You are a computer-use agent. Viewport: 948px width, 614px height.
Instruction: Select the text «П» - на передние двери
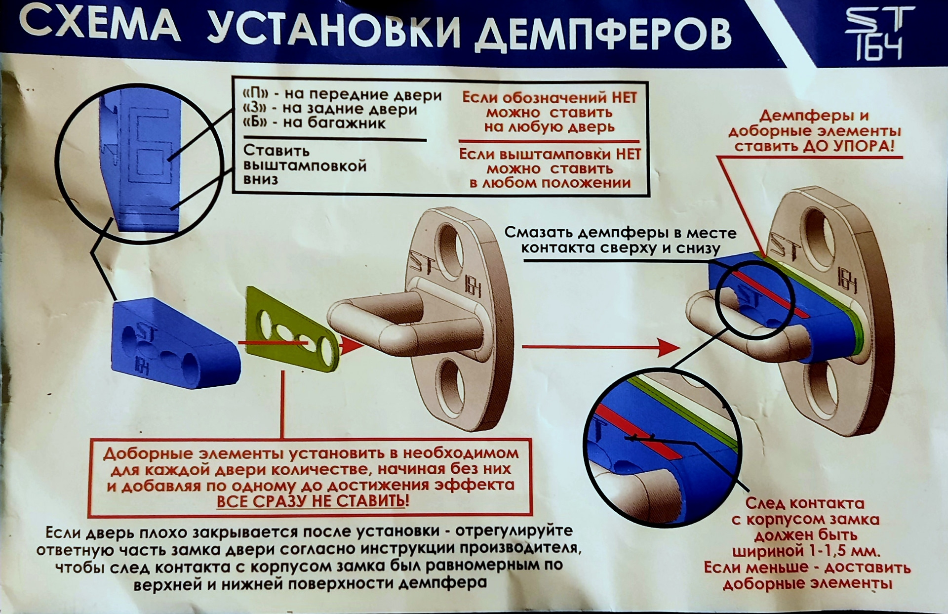pyautogui.click(x=342, y=94)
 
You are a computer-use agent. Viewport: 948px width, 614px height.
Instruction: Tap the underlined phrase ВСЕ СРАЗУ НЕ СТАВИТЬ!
pyautogui.click(x=313, y=501)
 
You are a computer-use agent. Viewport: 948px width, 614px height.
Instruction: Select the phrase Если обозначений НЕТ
pyautogui.click(x=549, y=98)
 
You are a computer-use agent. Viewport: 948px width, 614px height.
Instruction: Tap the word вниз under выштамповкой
pyautogui.click(x=260, y=179)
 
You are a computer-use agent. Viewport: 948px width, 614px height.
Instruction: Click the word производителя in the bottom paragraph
pyautogui.click(x=524, y=549)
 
